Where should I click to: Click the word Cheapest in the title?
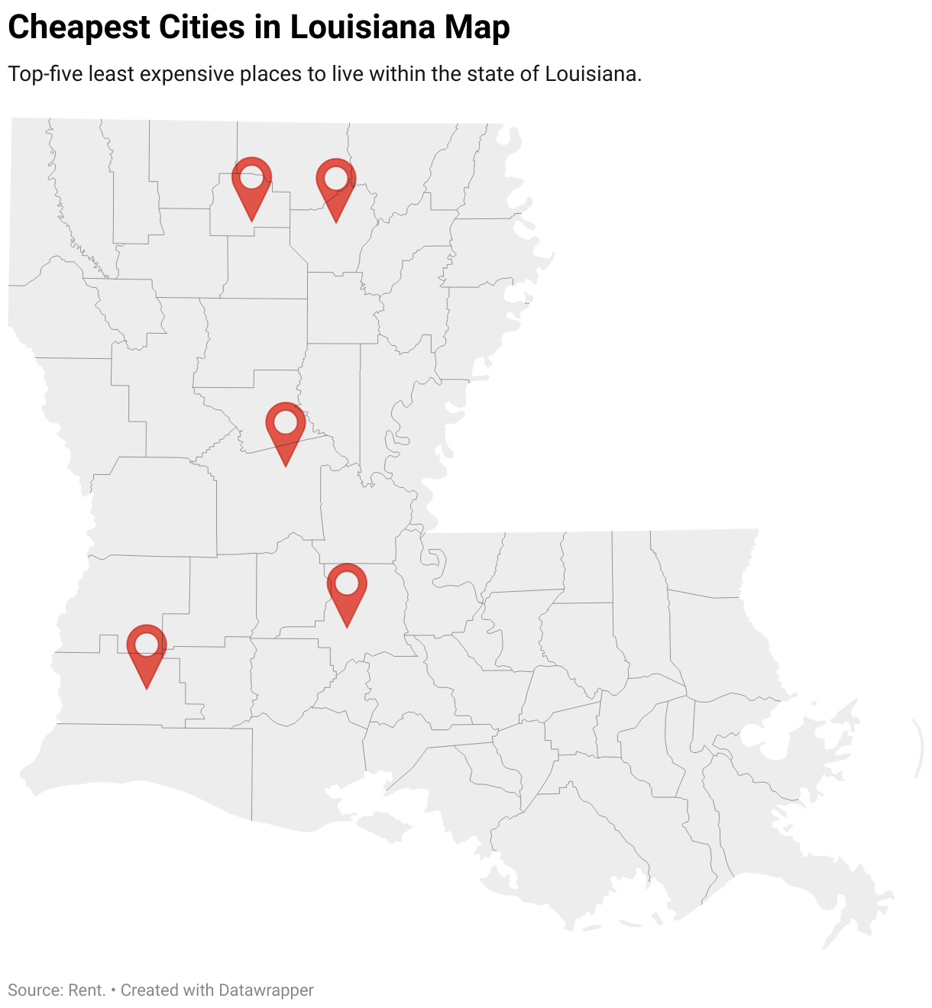79,27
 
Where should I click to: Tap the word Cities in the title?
201,27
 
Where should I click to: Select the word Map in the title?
477,27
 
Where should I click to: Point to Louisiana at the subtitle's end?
592,74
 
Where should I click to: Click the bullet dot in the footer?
113,990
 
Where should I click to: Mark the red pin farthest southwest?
146,648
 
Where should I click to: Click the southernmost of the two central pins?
347,587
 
